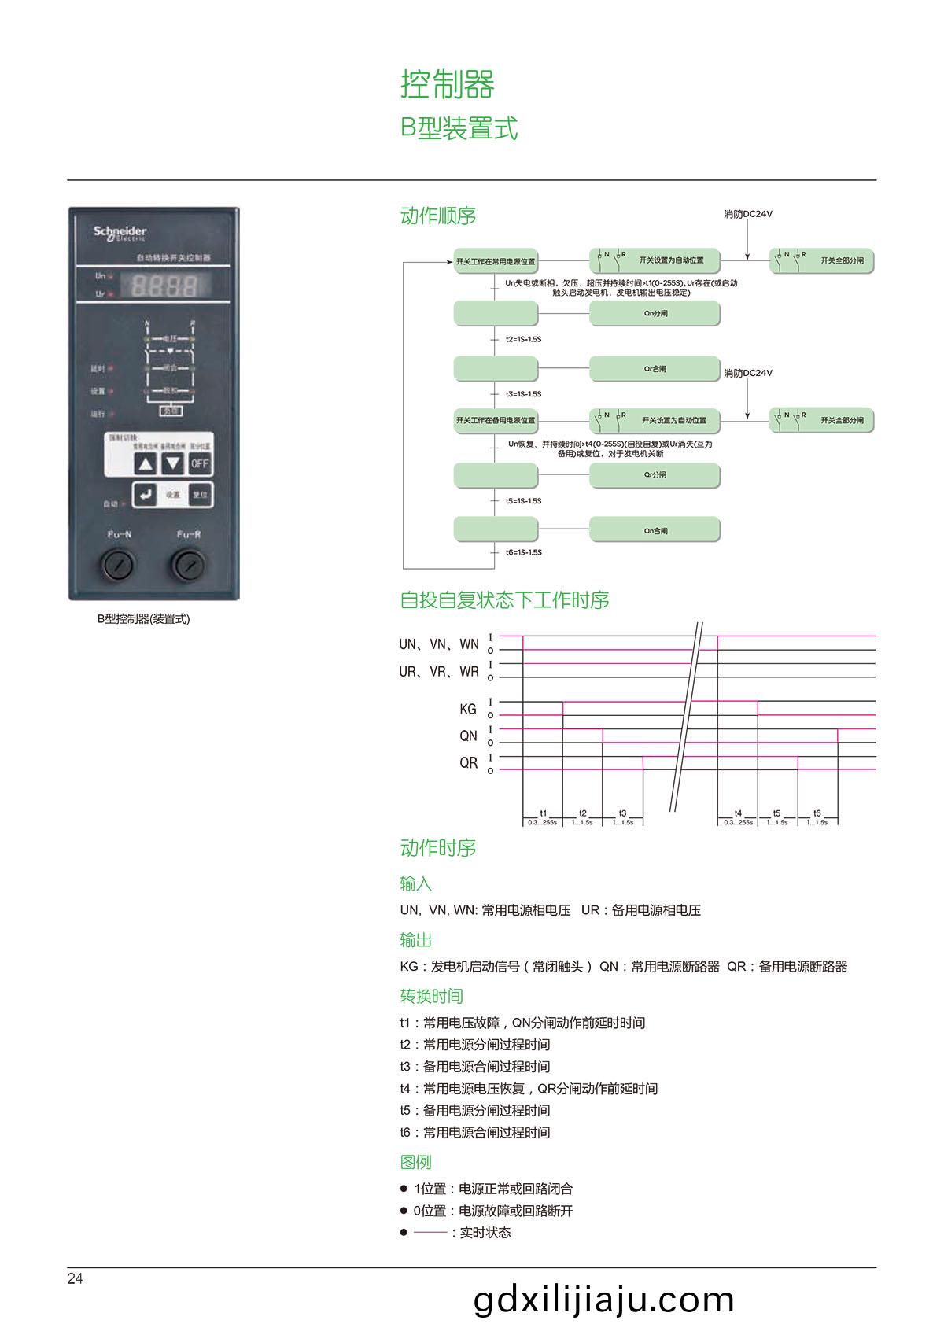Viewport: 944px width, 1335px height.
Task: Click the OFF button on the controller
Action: click(x=200, y=463)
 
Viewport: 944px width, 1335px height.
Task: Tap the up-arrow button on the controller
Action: click(x=146, y=463)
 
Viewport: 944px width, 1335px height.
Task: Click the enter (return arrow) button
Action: click(x=145, y=495)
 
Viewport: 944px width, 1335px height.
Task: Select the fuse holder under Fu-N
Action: click(x=120, y=563)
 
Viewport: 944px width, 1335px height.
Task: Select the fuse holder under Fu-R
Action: click(x=189, y=563)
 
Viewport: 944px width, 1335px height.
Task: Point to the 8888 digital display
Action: click(x=164, y=285)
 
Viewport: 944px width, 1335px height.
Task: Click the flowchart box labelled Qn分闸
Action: click(x=655, y=313)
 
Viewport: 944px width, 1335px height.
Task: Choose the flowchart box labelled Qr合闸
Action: click(x=655, y=368)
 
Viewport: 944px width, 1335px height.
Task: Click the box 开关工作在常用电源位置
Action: click(x=496, y=261)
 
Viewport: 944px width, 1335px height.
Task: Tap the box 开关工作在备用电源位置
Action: click(x=496, y=420)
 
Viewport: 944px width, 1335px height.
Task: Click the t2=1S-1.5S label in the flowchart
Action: click(x=523, y=339)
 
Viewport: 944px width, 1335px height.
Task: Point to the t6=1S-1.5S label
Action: click(x=523, y=552)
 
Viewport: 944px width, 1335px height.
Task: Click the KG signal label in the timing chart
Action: click(x=468, y=709)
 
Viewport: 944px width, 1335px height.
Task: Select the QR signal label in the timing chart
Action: click(x=468, y=763)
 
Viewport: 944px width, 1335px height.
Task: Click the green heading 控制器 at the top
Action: click(x=447, y=84)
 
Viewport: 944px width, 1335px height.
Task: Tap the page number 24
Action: click(x=75, y=1279)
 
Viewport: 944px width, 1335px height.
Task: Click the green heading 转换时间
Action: click(x=431, y=996)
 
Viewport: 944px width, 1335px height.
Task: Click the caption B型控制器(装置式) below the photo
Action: click(x=143, y=619)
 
